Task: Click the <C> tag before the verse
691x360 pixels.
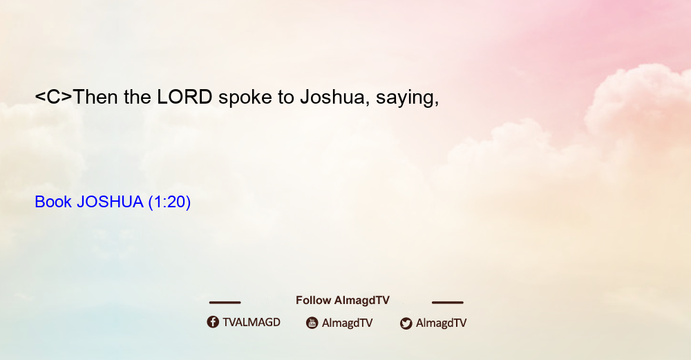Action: pyautogui.click(x=53, y=97)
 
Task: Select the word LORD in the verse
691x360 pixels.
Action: pyautogui.click(x=184, y=97)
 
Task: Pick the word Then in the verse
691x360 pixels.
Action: pyautogui.click(x=95, y=97)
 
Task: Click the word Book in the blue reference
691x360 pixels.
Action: pyautogui.click(x=53, y=202)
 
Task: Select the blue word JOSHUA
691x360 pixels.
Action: pyautogui.click(x=110, y=202)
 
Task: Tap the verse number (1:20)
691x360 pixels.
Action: pyautogui.click(x=170, y=202)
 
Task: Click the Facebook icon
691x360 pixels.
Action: pyautogui.click(x=213, y=322)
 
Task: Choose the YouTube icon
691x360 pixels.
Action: pyautogui.click(x=312, y=323)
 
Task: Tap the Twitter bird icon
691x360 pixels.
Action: pyautogui.click(x=406, y=323)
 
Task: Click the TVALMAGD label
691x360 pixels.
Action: pyautogui.click(x=252, y=322)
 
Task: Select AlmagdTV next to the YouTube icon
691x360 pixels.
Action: pyautogui.click(x=348, y=323)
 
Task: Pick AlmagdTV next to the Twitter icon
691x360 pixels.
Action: pyautogui.click(x=441, y=323)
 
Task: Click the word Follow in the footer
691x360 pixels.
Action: pyautogui.click(x=313, y=300)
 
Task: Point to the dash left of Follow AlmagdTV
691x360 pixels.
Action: pyautogui.click(x=225, y=302)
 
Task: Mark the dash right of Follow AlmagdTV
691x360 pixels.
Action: pyautogui.click(x=448, y=302)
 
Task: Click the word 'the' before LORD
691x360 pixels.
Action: pyautogui.click(x=138, y=97)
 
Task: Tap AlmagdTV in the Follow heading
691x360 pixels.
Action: pyautogui.click(x=362, y=301)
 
